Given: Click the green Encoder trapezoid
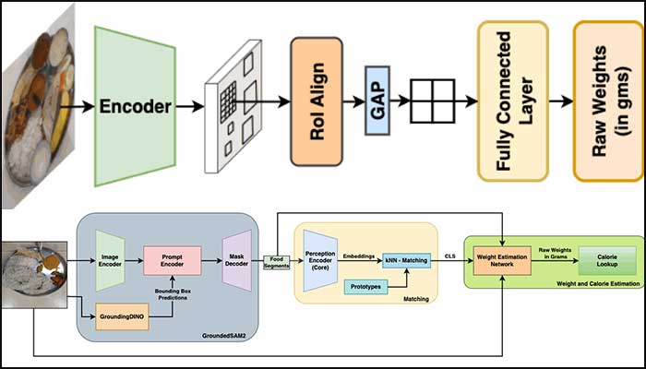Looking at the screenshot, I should (x=135, y=105).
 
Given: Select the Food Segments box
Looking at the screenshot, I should (x=277, y=263).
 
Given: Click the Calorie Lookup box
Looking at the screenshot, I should (x=605, y=262).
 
